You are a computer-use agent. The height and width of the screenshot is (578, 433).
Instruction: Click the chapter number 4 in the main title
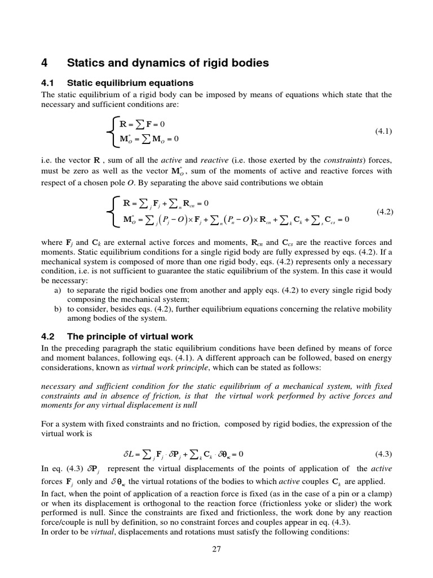(x=46, y=63)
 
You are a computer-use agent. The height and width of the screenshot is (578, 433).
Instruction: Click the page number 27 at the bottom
(x=216, y=551)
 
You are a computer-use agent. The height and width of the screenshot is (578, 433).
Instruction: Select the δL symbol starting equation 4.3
(x=129, y=454)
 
